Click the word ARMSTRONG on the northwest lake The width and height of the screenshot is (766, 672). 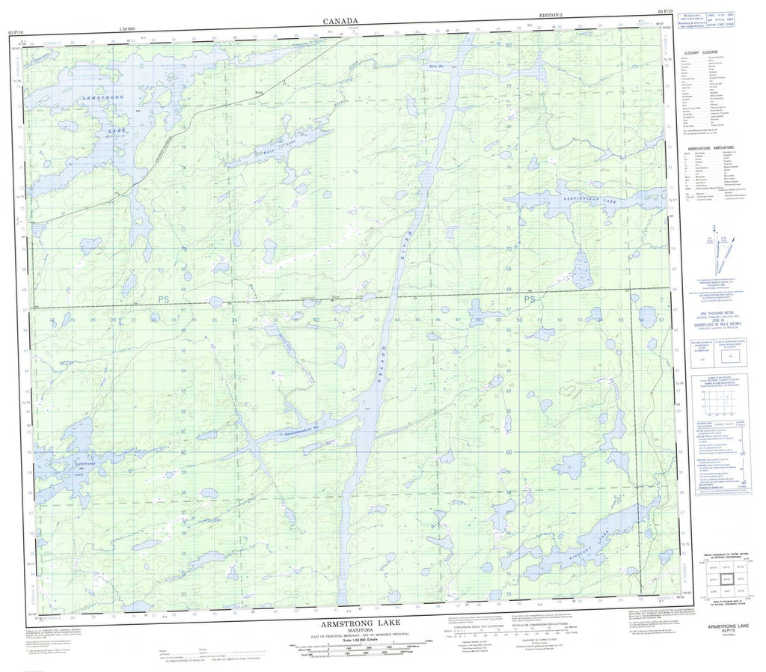click(83, 97)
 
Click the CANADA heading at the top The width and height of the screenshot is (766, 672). click(340, 22)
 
